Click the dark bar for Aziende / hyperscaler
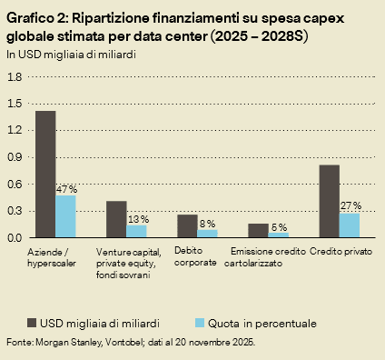coord(45,174)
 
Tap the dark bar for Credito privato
coord(329,201)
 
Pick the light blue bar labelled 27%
coord(350,225)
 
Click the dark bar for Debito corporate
coord(187,226)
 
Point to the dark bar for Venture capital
coord(116,219)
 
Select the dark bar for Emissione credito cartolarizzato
coord(258,231)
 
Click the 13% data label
coord(138,219)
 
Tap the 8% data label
coord(208,224)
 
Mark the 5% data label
coord(279,226)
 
